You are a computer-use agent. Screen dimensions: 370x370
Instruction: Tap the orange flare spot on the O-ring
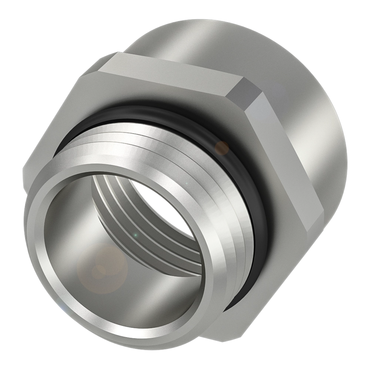222,147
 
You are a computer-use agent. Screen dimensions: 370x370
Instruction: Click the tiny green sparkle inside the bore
135,235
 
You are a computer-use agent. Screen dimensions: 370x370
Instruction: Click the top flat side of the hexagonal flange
174,70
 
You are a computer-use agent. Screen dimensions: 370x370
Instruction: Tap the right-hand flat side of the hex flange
281,163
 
